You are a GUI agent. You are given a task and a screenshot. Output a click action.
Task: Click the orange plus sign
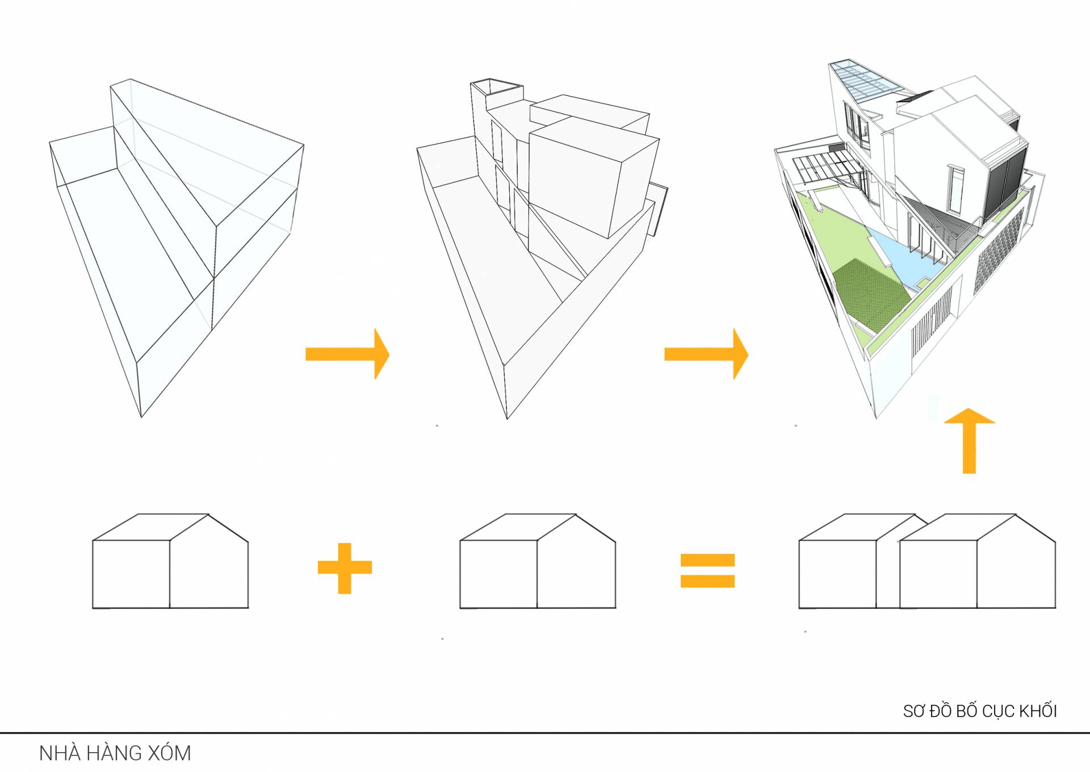pyautogui.click(x=345, y=568)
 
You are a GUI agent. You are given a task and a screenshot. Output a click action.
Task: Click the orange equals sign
pyautogui.click(x=707, y=570)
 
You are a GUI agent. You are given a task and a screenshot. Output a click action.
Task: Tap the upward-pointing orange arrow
pyautogui.click(x=969, y=441)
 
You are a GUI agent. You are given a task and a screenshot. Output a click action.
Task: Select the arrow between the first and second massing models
pyautogui.click(x=347, y=354)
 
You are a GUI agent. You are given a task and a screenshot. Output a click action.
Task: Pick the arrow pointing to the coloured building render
pyautogui.click(x=706, y=354)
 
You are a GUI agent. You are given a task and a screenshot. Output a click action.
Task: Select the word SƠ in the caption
pyautogui.click(x=913, y=711)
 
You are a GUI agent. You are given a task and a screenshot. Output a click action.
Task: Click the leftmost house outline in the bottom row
pyautogui.click(x=170, y=561)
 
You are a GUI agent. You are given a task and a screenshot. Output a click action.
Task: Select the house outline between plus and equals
pyautogui.click(x=538, y=561)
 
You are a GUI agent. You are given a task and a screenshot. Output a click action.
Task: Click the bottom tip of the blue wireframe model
pyautogui.click(x=141, y=417)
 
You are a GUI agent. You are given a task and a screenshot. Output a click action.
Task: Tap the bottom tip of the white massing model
pyautogui.click(x=507, y=419)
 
